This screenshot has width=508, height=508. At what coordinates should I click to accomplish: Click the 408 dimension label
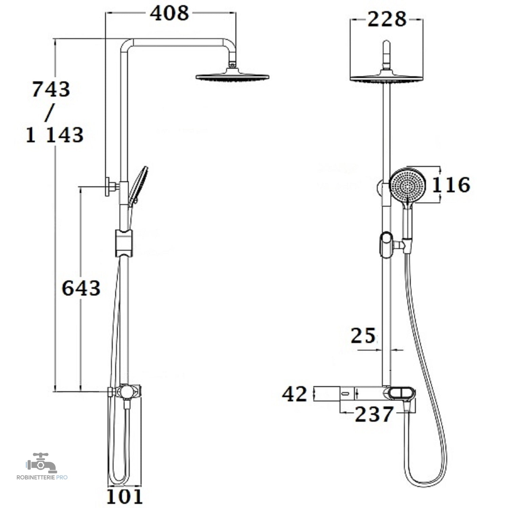pyautogui.click(x=169, y=14)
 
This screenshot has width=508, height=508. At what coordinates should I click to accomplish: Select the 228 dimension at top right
pyautogui.click(x=387, y=19)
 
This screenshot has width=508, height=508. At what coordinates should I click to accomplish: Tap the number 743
pyautogui.click(x=51, y=89)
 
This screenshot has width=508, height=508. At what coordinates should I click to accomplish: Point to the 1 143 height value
pyautogui.click(x=55, y=135)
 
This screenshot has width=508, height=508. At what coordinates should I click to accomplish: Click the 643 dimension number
pyautogui.click(x=81, y=288)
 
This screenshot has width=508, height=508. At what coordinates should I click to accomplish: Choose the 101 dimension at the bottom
pyautogui.click(x=125, y=497)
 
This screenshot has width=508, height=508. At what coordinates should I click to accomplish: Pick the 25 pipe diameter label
pyautogui.click(x=363, y=336)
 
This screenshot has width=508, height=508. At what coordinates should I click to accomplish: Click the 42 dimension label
pyautogui.click(x=295, y=394)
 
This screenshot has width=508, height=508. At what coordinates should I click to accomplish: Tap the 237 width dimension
pyautogui.click(x=375, y=414)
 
